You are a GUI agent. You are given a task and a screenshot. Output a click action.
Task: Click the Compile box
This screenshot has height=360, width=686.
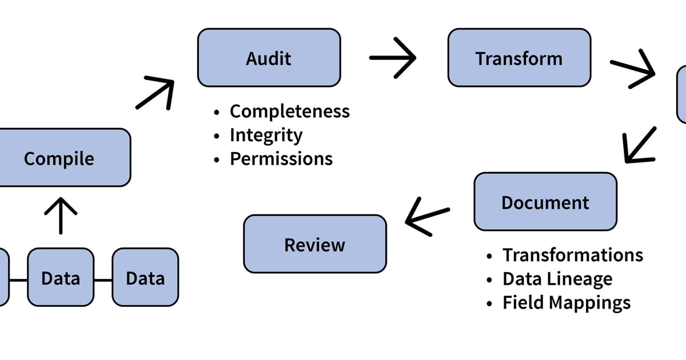point(60,158)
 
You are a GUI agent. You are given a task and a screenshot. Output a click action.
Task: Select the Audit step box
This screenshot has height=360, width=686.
point(269,58)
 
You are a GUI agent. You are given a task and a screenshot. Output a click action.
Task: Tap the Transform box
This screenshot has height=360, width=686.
point(519,58)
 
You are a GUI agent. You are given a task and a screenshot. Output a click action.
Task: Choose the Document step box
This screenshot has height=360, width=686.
point(545,202)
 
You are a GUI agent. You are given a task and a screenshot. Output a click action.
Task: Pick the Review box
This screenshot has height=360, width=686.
point(315,244)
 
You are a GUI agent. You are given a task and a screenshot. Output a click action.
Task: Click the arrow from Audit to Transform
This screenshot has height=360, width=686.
point(392,58)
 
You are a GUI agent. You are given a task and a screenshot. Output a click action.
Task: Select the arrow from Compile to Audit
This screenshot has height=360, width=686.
point(155,93)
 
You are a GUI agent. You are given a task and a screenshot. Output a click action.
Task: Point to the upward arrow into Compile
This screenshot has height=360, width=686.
point(60,215)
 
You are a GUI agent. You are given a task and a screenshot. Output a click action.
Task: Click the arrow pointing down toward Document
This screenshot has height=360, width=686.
point(639,146)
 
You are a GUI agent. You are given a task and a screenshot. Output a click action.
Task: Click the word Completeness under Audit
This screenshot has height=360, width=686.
point(289,111)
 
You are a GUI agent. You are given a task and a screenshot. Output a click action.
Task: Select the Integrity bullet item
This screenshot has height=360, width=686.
point(266,135)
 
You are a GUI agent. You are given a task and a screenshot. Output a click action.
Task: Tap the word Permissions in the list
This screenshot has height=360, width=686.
point(281,158)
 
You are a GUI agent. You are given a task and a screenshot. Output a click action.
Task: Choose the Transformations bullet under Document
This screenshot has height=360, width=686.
point(572,255)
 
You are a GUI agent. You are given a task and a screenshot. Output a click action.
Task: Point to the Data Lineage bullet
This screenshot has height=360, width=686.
point(557,279)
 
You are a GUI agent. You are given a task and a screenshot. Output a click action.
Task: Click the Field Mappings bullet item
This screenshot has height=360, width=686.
point(566,302)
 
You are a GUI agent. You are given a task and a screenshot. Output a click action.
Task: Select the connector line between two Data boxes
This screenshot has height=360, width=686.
point(103,280)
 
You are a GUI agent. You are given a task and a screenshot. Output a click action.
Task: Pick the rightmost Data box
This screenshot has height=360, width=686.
point(145,278)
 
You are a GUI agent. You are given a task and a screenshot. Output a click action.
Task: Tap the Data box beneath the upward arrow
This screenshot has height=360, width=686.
point(61,278)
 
